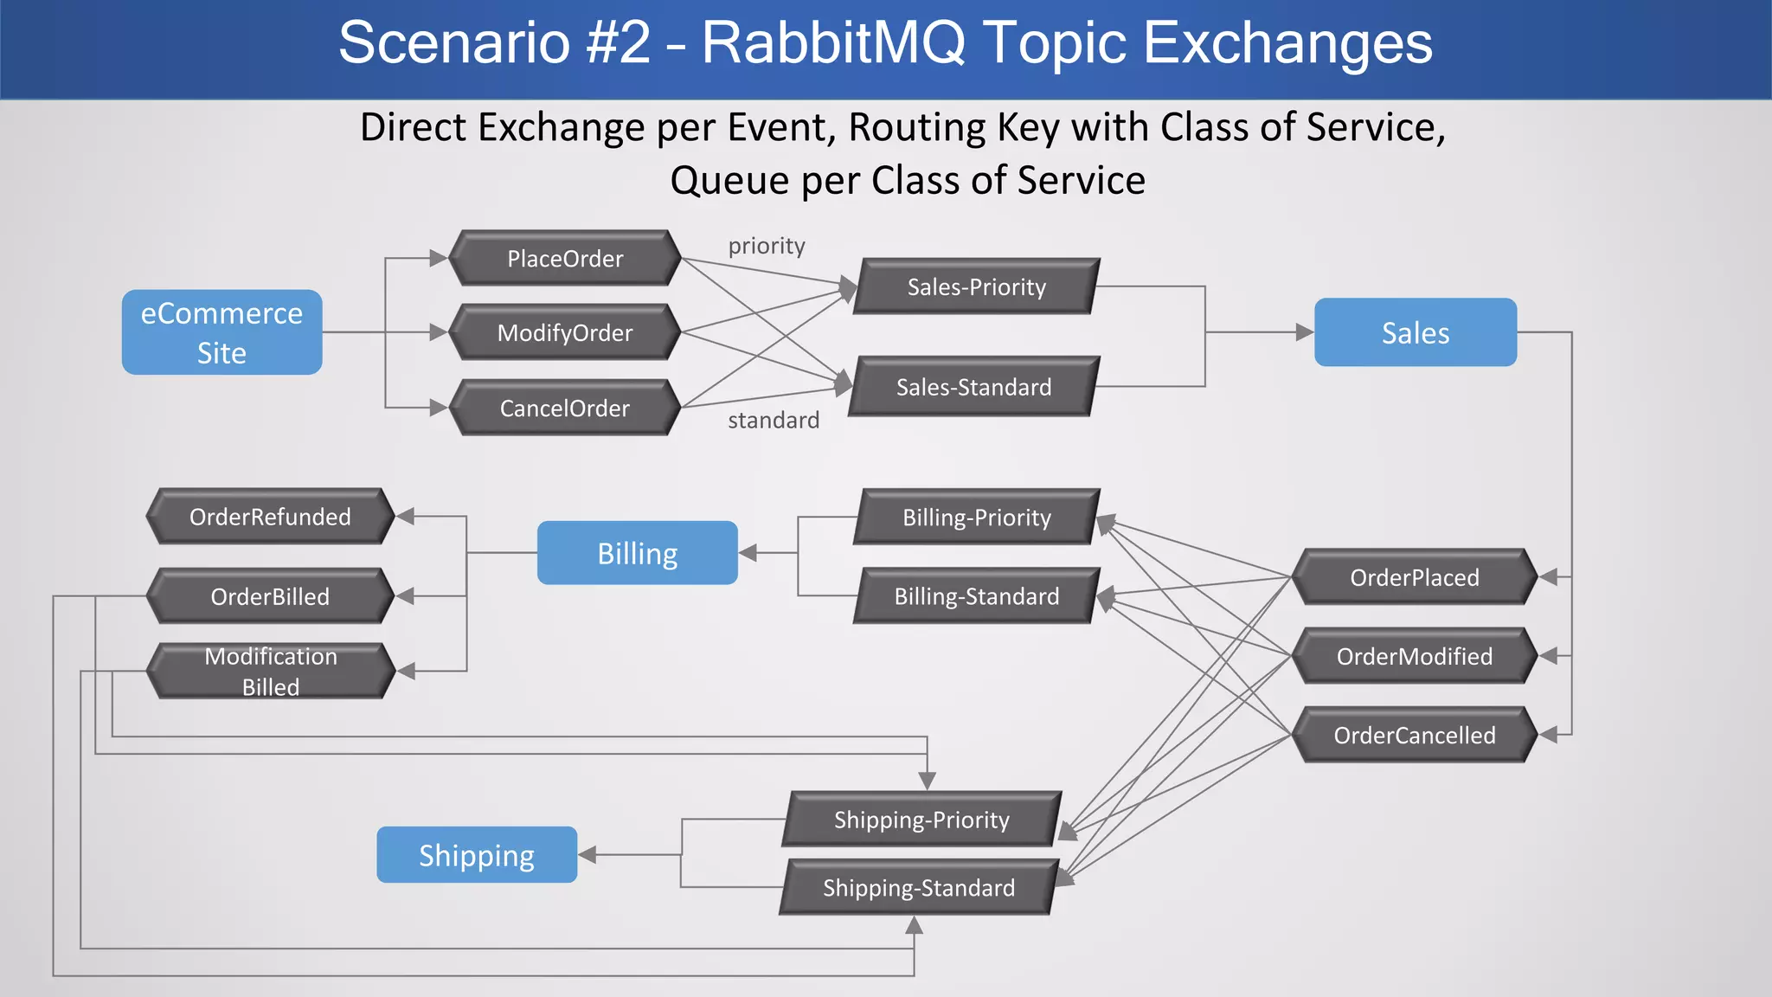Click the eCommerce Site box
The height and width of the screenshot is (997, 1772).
[x=221, y=332]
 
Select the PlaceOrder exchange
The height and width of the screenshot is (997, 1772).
[x=565, y=258]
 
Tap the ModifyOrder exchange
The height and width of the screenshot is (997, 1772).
[x=565, y=332]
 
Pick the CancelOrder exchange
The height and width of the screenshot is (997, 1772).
[x=565, y=408]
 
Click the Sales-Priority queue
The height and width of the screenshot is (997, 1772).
[x=976, y=286]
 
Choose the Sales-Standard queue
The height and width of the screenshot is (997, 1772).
[x=973, y=387]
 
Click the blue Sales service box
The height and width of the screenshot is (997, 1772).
[x=1415, y=332]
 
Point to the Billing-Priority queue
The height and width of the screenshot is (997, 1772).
[x=976, y=518]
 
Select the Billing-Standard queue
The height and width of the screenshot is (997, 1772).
[x=976, y=596]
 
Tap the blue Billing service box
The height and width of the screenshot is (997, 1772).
[x=637, y=553]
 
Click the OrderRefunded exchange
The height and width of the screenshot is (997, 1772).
[x=270, y=517]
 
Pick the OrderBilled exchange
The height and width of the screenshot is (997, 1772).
[x=270, y=596]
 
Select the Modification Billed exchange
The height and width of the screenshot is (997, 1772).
[x=270, y=671]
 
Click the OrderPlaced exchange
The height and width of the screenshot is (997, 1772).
[x=1414, y=577]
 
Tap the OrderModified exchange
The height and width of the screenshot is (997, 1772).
[x=1414, y=656]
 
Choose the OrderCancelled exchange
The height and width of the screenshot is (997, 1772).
[x=1414, y=735]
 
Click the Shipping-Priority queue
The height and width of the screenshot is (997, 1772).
[x=921, y=820]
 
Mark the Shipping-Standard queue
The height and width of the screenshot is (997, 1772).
[x=919, y=888]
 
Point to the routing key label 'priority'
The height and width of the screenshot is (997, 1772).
[x=767, y=246]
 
